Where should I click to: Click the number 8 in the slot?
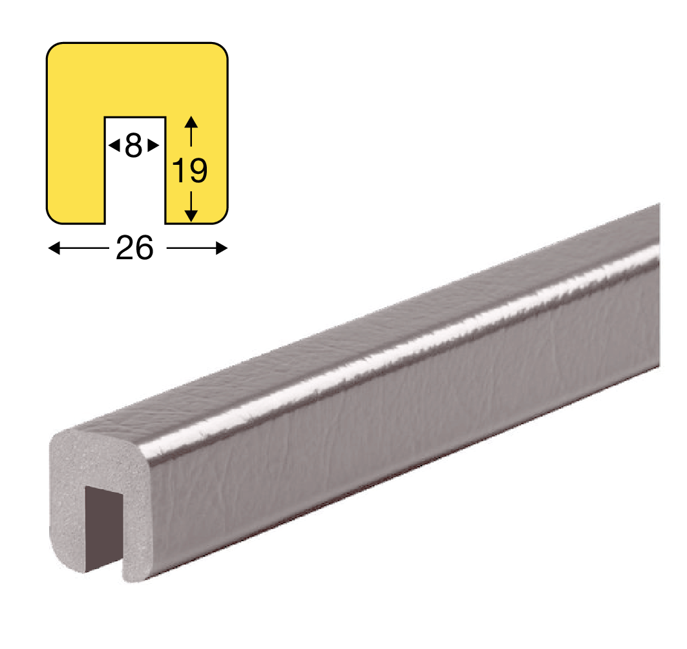click(134, 145)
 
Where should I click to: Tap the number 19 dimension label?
click(190, 171)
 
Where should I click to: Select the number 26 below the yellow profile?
click(134, 248)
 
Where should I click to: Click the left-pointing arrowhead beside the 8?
click(114, 145)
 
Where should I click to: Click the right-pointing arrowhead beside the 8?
click(153, 145)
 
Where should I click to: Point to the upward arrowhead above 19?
click(191, 122)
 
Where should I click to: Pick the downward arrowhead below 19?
click(191, 216)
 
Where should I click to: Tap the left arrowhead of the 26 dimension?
click(54, 248)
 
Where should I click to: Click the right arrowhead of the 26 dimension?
click(222, 248)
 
